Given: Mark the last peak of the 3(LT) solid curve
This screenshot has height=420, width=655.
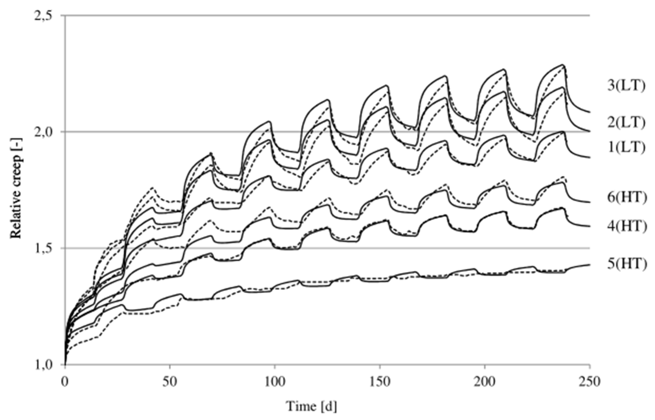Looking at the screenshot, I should tap(563, 65).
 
